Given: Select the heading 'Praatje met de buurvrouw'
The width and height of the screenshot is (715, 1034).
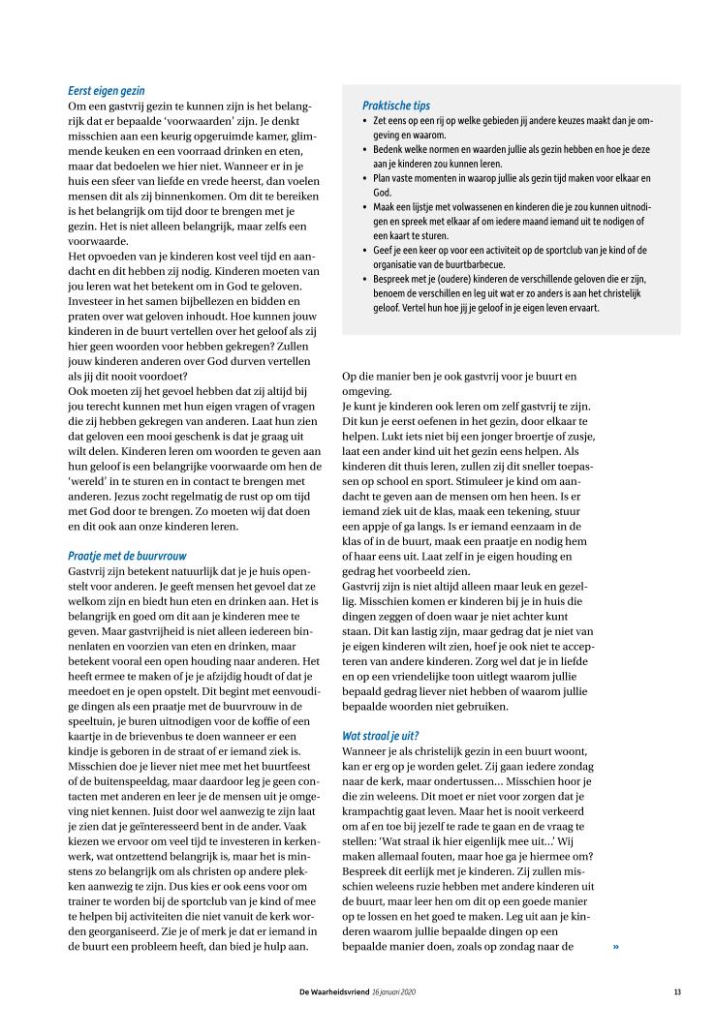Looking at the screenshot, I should (127, 556).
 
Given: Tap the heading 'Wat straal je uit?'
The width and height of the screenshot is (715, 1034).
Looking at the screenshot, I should (380, 735).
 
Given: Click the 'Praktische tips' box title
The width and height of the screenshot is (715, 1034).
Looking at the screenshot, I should (396, 105).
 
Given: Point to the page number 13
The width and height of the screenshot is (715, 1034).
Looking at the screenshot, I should (677, 991).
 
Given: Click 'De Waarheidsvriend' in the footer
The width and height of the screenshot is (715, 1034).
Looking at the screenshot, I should (334, 991).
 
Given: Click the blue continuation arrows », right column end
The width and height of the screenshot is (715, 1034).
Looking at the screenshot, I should (616, 919).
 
